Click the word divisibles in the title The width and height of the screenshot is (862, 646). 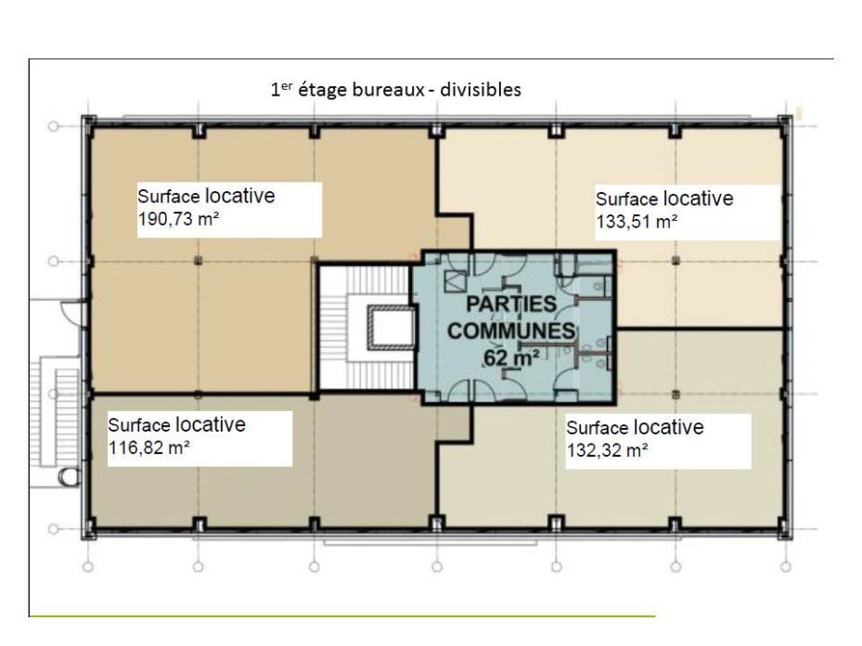(480, 90)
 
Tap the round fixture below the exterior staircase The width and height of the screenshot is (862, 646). (68, 477)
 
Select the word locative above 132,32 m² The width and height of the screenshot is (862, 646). (668, 427)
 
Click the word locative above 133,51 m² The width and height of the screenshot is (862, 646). (698, 199)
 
